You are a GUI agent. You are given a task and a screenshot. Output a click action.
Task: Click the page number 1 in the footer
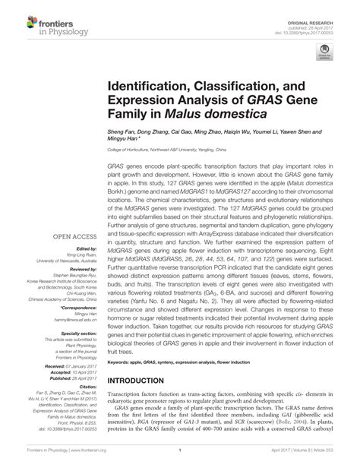coord(179,460)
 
